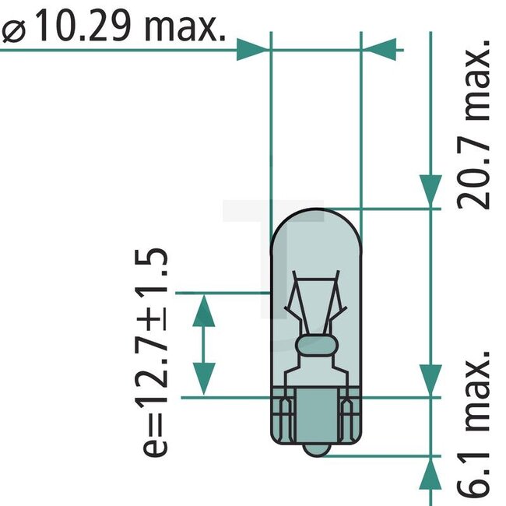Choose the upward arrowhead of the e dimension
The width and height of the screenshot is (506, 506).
click(x=203, y=310)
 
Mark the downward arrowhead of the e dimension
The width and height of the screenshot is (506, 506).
click(x=203, y=379)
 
